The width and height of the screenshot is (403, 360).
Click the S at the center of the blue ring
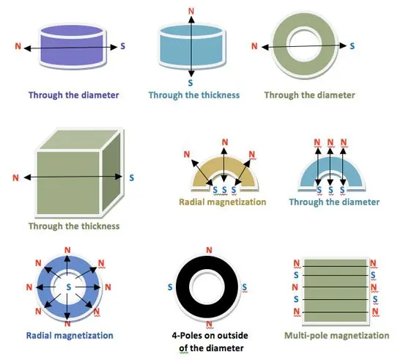tap(68, 287)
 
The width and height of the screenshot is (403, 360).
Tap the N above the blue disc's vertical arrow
tap(191, 11)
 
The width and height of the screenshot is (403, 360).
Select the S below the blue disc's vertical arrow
tap(191, 83)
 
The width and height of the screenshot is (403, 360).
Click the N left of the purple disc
tap(18, 46)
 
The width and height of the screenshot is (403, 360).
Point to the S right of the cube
tap(132, 177)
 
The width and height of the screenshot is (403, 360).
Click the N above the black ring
tap(210, 250)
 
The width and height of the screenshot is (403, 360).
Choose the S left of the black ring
tap(170, 287)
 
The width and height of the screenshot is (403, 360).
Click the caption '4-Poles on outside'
tap(210, 336)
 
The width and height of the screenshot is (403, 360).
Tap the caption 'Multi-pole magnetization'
tap(337, 336)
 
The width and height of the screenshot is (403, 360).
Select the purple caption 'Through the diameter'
tap(74, 95)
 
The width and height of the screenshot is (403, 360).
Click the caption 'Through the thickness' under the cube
tap(74, 227)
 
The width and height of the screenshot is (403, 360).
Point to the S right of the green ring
tap(352, 46)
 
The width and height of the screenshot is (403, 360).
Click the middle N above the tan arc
tap(225, 142)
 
